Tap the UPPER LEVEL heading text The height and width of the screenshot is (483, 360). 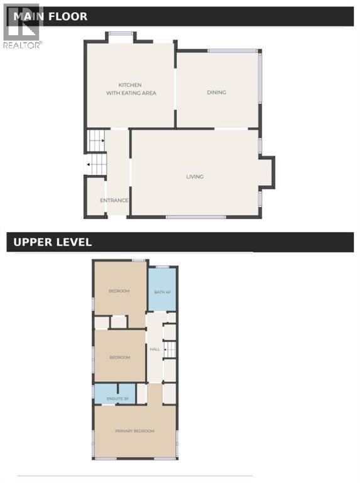(52, 242)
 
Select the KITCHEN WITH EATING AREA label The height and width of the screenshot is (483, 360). (131, 89)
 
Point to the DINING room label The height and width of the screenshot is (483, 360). (216, 92)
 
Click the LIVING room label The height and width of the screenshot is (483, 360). (195, 177)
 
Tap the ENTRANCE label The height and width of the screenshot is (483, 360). (114, 201)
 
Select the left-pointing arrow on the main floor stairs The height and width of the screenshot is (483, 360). (94, 165)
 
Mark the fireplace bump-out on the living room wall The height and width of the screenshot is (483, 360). (267, 173)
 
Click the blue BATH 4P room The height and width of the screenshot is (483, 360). (161, 291)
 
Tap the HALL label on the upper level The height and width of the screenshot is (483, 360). (154, 348)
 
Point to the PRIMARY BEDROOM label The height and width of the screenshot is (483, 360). (134, 431)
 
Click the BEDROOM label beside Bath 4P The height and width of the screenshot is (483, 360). (119, 291)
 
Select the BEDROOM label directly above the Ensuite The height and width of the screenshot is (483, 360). (119, 357)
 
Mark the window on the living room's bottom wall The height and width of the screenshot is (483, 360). (196, 217)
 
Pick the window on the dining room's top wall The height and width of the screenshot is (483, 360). (232, 51)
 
